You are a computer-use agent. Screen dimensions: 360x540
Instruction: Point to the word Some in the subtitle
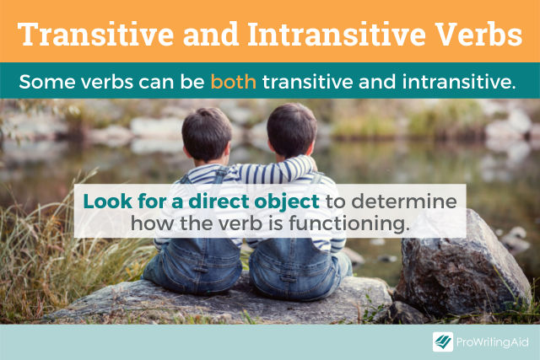(41, 83)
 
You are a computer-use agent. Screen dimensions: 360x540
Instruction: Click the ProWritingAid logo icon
(443, 341)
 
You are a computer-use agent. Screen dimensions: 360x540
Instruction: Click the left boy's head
(206, 132)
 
